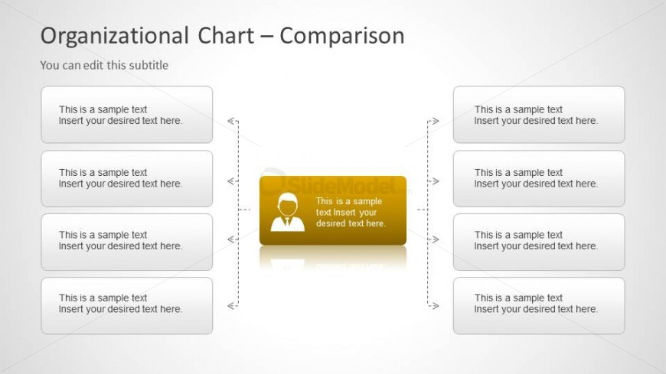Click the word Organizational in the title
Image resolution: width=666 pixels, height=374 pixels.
[x=115, y=36]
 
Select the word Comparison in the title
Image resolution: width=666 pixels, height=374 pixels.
[x=342, y=36]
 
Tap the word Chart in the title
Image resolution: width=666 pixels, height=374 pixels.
[x=226, y=35]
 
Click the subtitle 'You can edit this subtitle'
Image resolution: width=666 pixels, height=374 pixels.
[x=104, y=65]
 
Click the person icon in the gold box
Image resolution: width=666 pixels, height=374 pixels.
[x=288, y=213]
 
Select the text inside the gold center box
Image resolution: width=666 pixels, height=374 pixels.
[x=351, y=213]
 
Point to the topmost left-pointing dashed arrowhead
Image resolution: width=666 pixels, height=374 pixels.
[x=231, y=121]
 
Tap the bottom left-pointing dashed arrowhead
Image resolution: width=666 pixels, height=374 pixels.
[x=231, y=306]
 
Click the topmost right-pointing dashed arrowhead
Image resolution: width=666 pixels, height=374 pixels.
[x=435, y=121]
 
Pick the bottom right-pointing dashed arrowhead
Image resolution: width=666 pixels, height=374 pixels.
[x=435, y=306]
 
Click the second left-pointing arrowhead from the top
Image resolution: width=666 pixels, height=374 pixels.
[x=231, y=181]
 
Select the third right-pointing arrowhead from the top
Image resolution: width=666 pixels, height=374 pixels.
[x=435, y=239]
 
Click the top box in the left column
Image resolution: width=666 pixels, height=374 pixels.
[x=126, y=115]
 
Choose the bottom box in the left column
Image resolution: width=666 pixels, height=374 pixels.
[x=126, y=306]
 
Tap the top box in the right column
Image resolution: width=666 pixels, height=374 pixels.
[x=539, y=115]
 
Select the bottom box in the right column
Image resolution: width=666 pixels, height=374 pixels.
[x=539, y=306]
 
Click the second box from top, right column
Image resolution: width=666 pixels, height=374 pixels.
[x=539, y=179]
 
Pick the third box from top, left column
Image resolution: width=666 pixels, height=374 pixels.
[x=126, y=242]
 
